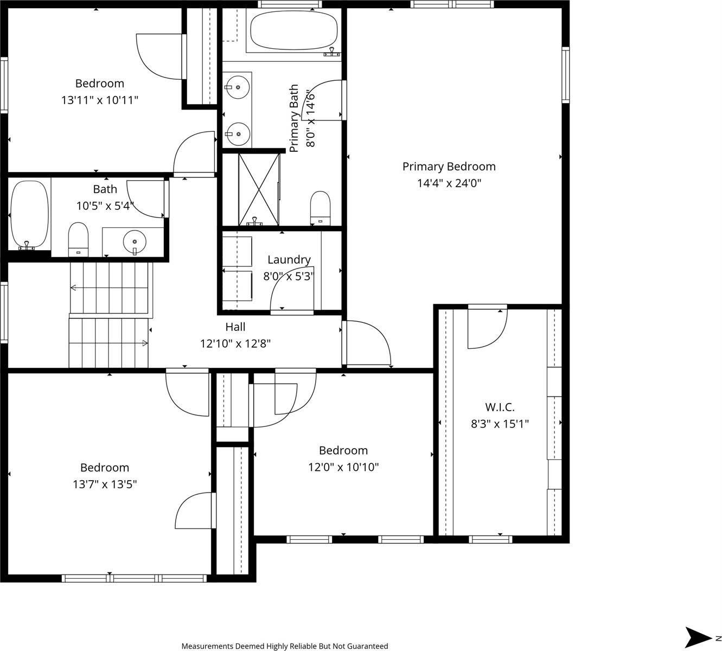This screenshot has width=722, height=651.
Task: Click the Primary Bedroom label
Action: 449,167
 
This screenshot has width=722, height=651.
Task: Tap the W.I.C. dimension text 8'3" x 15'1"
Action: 500,424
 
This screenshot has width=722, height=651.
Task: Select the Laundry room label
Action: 289,260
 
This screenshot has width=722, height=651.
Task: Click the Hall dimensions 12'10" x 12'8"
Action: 235,343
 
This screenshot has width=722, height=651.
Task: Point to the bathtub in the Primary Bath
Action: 293,30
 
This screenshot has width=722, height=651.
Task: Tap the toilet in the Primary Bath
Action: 320,207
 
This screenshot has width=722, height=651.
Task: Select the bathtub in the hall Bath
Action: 29,215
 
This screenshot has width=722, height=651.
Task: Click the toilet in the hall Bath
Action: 78,238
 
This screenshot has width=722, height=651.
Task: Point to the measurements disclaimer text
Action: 284,646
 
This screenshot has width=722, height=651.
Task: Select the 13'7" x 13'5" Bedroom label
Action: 105,468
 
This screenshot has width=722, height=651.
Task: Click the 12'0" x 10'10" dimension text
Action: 343,467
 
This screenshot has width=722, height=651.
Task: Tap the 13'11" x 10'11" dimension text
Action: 100,100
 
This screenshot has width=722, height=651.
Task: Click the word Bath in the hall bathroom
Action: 105,189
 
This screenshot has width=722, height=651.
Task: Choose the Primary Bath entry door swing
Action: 324,100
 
